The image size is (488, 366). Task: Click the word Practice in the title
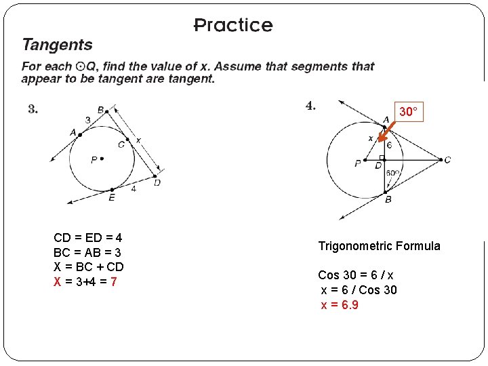click(x=233, y=26)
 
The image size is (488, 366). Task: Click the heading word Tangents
click(x=57, y=45)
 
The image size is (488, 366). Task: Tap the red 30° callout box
click(x=408, y=112)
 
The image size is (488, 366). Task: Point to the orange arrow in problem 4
click(x=387, y=135)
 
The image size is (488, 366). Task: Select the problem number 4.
click(x=310, y=105)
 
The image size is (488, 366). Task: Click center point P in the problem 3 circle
click(x=102, y=159)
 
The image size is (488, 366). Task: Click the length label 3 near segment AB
click(x=87, y=120)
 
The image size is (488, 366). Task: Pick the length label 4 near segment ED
click(x=134, y=189)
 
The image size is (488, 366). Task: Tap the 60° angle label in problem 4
click(x=392, y=173)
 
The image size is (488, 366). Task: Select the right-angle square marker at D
click(x=382, y=157)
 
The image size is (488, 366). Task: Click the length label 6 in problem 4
click(x=389, y=145)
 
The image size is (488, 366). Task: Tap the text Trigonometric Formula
click(x=379, y=246)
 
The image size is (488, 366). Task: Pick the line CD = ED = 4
click(x=87, y=238)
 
